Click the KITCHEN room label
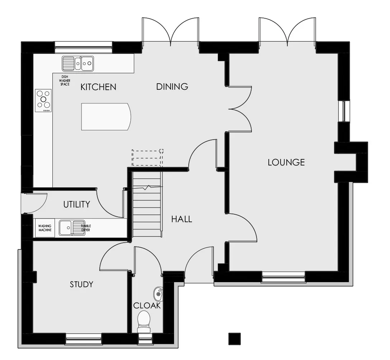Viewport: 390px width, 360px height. (x=98, y=87)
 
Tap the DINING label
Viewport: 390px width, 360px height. (x=172, y=87)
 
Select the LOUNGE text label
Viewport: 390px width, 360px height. (x=286, y=163)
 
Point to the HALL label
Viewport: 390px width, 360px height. (x=182, y=219)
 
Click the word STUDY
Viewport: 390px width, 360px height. (x=81, y=284)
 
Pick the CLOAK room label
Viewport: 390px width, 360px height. (x=147, y=305)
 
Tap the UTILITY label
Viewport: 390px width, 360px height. (x=77, y=205)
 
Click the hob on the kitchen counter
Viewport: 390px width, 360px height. (x=43, y=100)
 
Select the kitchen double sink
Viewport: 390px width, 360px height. (x=78, y=64)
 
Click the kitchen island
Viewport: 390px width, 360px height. (x=106, y=117)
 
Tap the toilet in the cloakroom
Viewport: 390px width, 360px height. (x=144, y=322)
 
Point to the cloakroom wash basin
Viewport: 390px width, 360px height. (x=158, y=294)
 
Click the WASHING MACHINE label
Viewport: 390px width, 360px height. (x=45, y=228)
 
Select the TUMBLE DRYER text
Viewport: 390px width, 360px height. (x=86, y=228)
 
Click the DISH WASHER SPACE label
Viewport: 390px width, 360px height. (x=65, y=81)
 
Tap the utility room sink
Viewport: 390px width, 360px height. (x=72, y=228)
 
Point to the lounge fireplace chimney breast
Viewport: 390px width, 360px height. (x=351, y=162)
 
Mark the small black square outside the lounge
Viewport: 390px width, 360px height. (x=235, y=339)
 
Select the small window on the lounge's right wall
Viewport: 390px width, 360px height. (x=344, y=111)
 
